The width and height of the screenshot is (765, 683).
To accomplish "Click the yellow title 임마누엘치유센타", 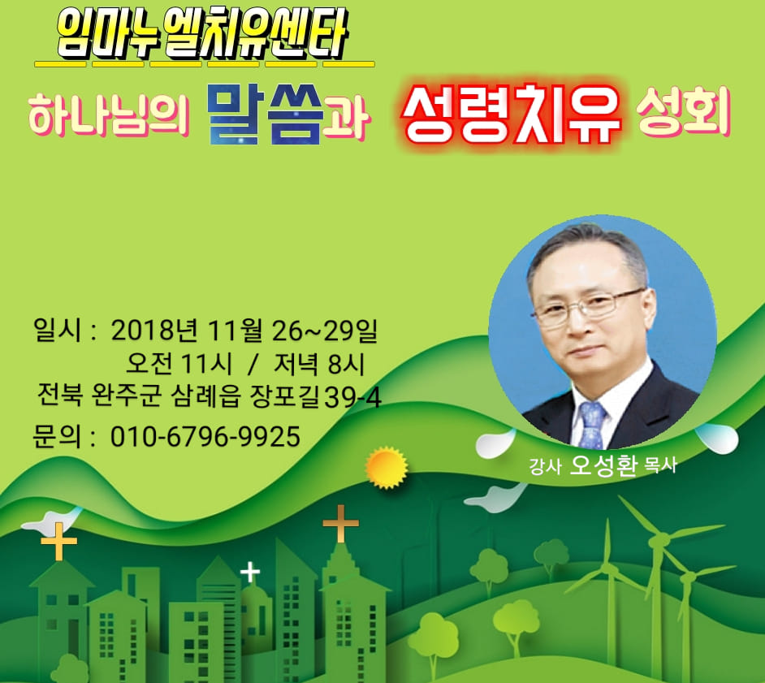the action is tap(201, 35).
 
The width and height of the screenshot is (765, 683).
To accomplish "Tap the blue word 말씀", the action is tap(264, 115).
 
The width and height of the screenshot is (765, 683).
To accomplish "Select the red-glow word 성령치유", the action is tap(512, 116).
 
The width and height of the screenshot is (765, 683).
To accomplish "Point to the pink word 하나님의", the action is tap(108, 116).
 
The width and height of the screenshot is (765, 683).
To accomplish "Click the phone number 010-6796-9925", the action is tap(205, 437).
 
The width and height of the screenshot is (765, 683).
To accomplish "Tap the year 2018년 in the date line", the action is tap(154, 331).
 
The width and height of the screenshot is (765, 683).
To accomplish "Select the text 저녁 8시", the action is tap(319, 364).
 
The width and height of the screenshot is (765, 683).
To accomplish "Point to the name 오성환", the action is tap(603, 465).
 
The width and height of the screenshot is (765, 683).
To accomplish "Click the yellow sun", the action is tap(387, 467).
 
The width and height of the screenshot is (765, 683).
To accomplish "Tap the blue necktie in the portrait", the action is tap(592, 426).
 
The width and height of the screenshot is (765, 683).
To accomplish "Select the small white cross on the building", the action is tap(250, 572).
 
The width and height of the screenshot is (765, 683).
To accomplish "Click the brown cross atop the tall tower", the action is tap(340, 523).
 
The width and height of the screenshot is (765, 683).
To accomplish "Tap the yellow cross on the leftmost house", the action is tap(59, 541).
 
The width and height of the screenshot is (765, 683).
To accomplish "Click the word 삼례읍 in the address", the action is tap(206, 397).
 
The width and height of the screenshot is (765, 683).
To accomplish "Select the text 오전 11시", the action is tap(179, 364).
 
